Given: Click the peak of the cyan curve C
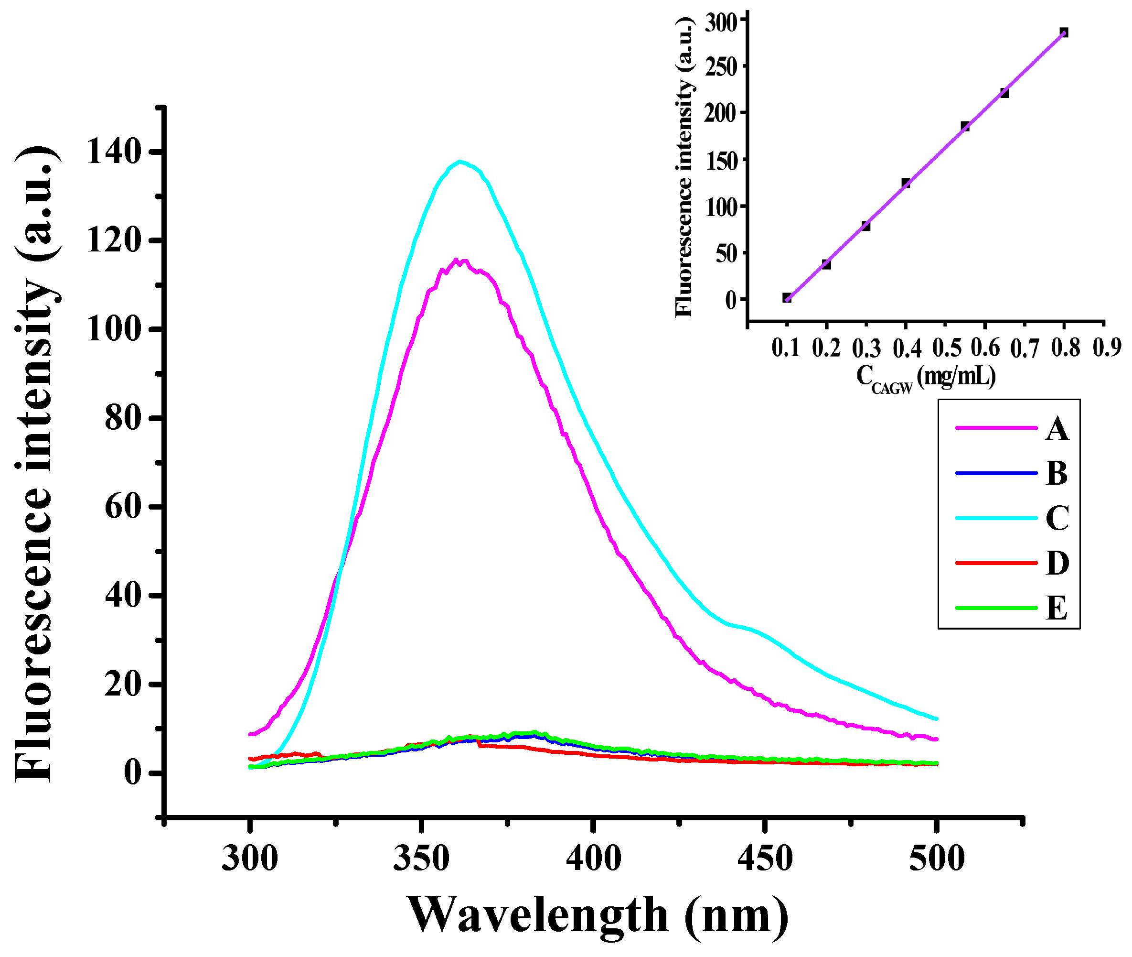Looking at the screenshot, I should (x=460, y=162).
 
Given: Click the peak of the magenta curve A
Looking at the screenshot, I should (x=457, y=261).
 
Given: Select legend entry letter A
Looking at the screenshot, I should (x=1057, y=430).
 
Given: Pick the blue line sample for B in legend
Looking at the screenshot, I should (x=996, y=474).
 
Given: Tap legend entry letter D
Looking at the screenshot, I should (x=1057, y=563).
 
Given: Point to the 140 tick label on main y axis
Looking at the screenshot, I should (x=117, y=152).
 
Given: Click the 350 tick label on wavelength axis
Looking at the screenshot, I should (x=421, y=859).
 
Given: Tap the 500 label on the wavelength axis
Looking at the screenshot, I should (x=937, y=859).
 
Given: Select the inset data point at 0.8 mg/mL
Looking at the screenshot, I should (x=1064, y=33).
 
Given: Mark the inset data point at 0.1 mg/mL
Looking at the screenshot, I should (x=787, y=297).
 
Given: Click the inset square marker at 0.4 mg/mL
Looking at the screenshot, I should (x=906, y=183).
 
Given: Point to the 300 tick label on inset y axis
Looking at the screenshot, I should (x=722, y=22).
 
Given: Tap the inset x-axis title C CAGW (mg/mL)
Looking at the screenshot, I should (x=926, y=377).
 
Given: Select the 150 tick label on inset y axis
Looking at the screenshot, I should (x=722, y=161).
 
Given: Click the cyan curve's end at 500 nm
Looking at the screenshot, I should (x=936, y=719).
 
